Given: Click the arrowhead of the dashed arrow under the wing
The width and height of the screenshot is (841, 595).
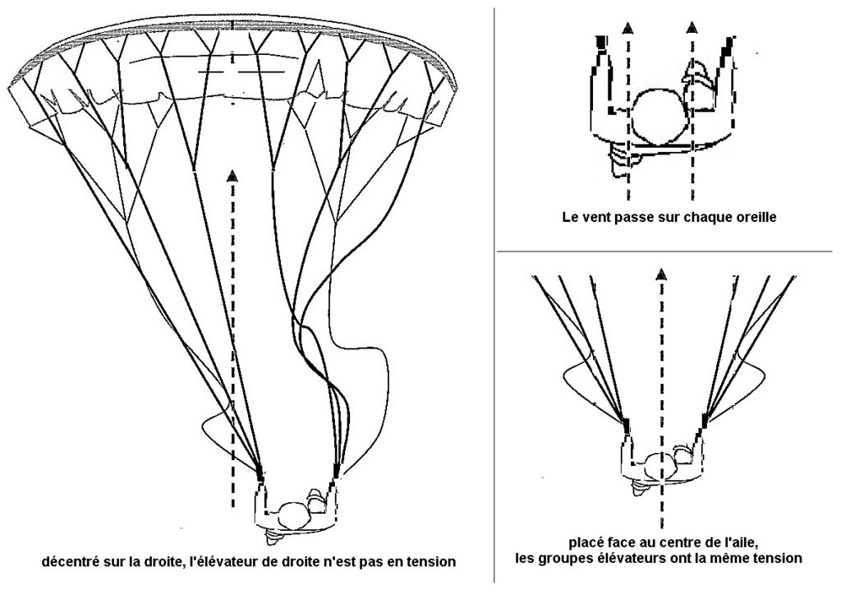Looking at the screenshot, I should (233, 174).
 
